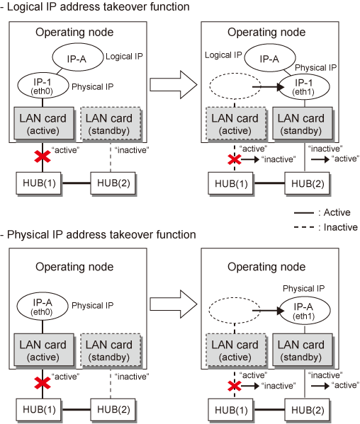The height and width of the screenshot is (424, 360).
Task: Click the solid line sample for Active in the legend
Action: tap(304, 213)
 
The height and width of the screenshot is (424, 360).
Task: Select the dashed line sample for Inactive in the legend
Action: tap(304, 227)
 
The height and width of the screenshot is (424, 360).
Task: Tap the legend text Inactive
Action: tap(340, 227)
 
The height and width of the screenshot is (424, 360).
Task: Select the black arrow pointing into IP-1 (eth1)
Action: tap(269, 87)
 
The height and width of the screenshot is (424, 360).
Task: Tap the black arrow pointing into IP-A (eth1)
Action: tap(269, 311)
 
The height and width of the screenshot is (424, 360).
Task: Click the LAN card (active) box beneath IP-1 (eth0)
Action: tap(44, 123)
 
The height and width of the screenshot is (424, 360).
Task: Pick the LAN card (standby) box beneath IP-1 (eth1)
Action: tap(303, 124)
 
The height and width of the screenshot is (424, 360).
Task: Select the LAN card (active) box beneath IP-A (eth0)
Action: tap(44, 350)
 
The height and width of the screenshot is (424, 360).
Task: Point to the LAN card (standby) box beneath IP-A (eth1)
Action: tap(303, 350)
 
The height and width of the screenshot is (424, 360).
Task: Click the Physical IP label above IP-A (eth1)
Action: tap(303, 289)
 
